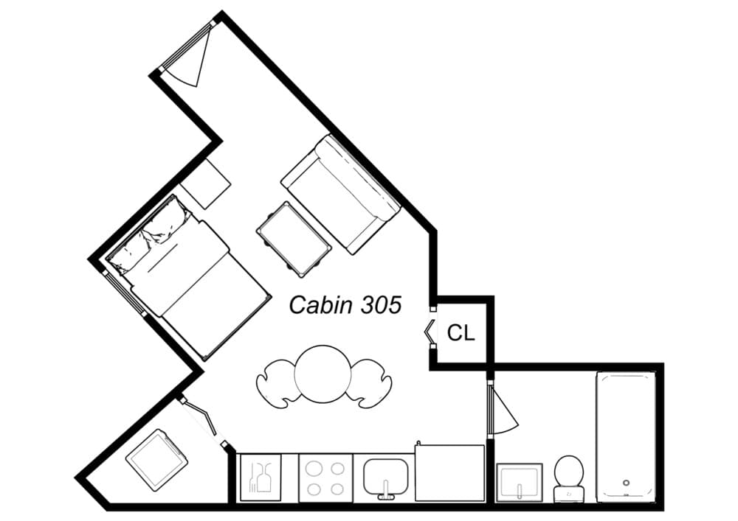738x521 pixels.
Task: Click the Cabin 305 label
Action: pyautogui.click(x=345, y=304)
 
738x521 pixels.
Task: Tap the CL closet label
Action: pyautogui.click(x=461, y=333)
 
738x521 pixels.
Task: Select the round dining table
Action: pyautogui.click(x=323, y=374)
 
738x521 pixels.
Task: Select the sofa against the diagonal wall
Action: pyautogui.click(x=341, y=192)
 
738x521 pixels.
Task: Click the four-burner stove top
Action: pyautogui.click(x=325, y=478)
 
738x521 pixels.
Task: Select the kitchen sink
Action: pyautogui.click(x=384, y=477)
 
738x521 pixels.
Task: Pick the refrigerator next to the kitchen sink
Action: pyautogui.click(x=449, y=473)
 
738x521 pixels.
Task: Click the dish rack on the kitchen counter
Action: pyautogui.click(x=261, y=478)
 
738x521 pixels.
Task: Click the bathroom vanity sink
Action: pyautogui.click(x=520, y=483)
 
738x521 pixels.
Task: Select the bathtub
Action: pyautogui.click(x=625, y=436)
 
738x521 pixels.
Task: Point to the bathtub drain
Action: pyautogui.click(x=626, y=483)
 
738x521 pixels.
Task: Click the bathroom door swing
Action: pyautogui.click(x=503, y=411)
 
